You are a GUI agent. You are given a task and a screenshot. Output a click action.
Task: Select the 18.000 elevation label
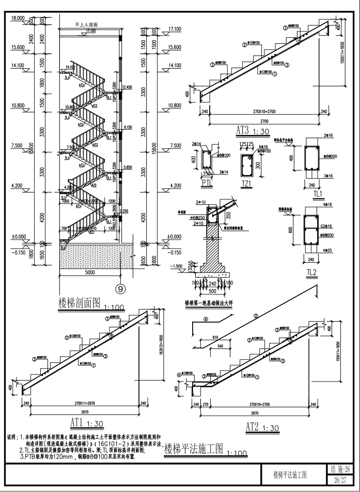tap(18, 18)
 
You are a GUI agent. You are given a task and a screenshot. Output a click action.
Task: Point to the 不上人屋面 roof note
tap(86, 24)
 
